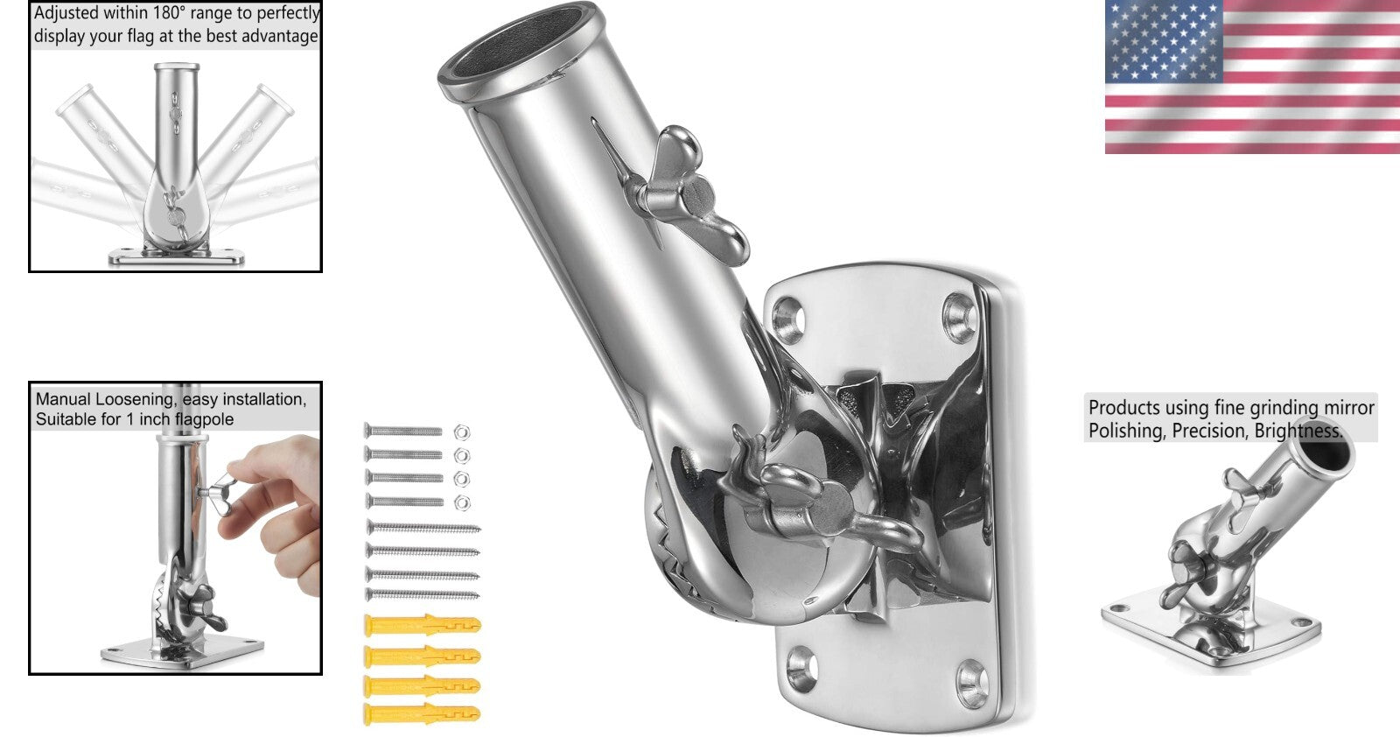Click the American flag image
click(x=1251, y=77)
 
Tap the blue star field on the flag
click(x=1163, y=40)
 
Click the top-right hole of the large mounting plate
click(x=959, y=313)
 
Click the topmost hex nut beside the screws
click(x=462, y=431)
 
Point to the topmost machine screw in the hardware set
click(x=403, y=431)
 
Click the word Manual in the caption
click(x=62, y=399)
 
